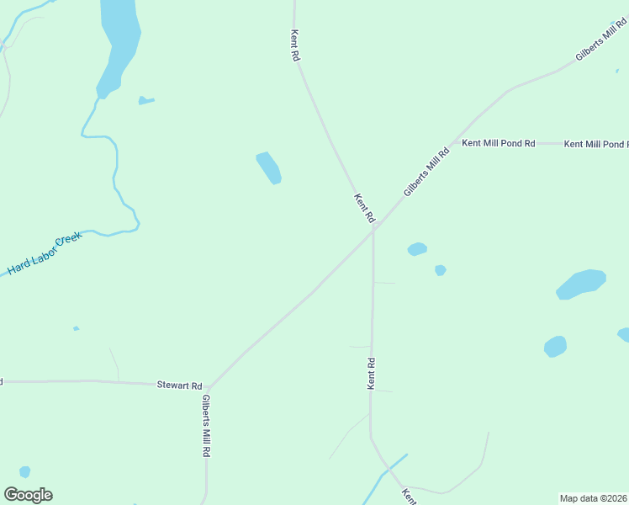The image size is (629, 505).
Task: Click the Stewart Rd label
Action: point(179,385)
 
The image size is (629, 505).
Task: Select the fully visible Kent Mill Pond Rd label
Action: point(499,144)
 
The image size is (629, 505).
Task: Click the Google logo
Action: point(28,495)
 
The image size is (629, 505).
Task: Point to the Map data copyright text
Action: point(593,497)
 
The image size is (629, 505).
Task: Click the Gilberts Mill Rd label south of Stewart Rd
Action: point(206,426)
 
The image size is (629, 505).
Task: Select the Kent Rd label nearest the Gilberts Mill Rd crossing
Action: point(364,209)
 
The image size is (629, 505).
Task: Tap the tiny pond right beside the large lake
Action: point(145,101)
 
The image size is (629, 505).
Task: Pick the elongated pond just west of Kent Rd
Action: point(268,167)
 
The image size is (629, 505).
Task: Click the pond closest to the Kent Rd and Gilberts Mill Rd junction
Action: point(417,249)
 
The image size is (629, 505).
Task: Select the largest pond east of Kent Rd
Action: point(581,284)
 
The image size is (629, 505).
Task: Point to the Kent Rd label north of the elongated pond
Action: point(295,45)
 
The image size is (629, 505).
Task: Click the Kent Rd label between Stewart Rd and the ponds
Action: point(371,373)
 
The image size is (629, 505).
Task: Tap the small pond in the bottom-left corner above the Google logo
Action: point(25,472)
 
